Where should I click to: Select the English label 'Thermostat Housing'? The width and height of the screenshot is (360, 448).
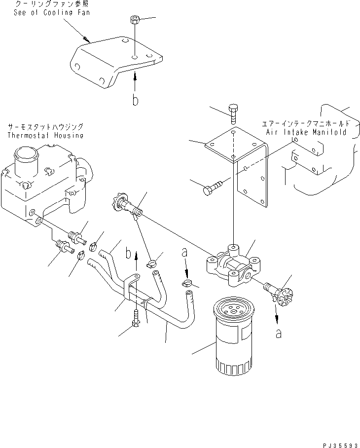coord(45,135)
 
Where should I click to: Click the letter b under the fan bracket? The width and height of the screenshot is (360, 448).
coord(135,100)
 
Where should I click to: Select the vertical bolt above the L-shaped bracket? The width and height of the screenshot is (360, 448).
coord(233,113)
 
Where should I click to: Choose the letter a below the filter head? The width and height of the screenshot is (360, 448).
coord(279,334)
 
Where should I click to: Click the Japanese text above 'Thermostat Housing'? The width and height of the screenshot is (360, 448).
coord(45,127)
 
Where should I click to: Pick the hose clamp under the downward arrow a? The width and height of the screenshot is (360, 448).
coord(186,284)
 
